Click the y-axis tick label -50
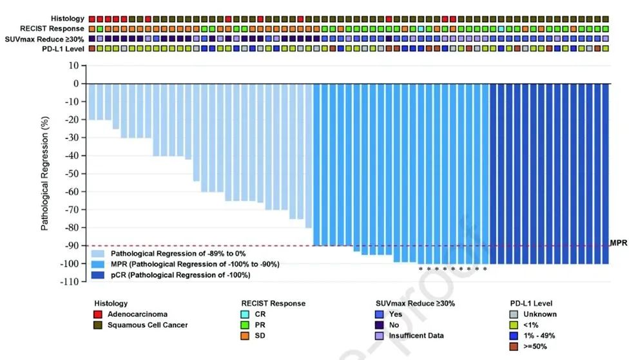coord(69,174)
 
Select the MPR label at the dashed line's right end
coord(618,243)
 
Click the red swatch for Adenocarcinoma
coord(99,314)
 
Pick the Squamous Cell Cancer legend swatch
coord(99,325)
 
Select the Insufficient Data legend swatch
coord(380,336)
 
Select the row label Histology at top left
coord(68,19)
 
